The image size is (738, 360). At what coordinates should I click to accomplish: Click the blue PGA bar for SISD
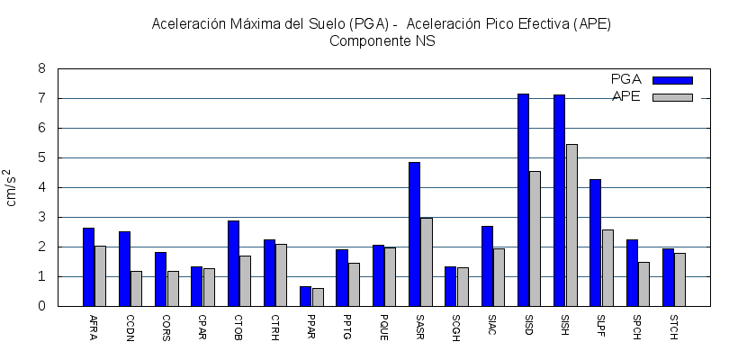tap(523, 200)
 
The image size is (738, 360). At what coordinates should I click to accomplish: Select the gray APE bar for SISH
tap(571, 225)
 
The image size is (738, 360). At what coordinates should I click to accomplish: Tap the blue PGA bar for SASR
tap(414, 234)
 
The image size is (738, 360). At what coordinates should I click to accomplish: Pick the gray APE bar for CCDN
tap(137, 288)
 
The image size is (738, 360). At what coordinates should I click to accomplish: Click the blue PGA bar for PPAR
tap(305, 296)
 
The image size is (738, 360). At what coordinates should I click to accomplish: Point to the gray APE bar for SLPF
tap(607, 268)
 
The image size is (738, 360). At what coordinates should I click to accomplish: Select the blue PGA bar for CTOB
tap(233, 263)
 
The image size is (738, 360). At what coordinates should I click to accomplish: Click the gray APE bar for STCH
tap(680, 279)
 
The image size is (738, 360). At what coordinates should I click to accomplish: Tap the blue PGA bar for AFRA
tap(88, 266)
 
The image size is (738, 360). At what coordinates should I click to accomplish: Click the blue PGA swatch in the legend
tap(672, 80)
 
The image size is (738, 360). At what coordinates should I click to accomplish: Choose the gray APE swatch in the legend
tap(672, 97)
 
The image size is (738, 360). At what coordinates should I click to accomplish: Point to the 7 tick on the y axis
tap(41, 98)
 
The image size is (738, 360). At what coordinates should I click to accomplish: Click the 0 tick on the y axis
tap(41, 306)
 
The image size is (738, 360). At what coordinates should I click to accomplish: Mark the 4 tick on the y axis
tap(41, 187)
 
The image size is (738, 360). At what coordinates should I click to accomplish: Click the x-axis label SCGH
tap(456, 325)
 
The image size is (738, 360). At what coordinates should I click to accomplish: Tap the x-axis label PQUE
tap(383, 325)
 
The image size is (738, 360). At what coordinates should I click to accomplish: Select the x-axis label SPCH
tap(637, 325)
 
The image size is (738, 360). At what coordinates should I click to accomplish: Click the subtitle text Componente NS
tap(382, 40)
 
